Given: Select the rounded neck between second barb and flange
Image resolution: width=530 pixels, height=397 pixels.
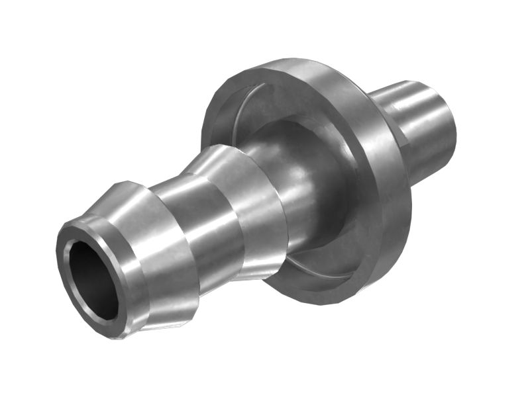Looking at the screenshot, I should coord(298,179).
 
